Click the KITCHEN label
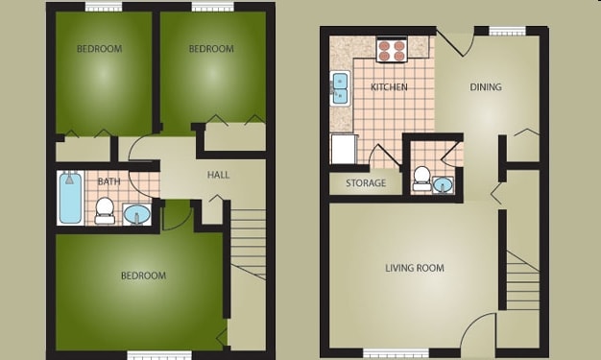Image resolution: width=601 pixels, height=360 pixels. point(389,87)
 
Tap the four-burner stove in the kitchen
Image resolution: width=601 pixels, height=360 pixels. point(391,49)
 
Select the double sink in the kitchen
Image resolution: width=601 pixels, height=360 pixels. point(340,88)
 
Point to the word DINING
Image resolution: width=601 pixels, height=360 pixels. point(485,87)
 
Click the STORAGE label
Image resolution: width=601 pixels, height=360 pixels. point(365,183)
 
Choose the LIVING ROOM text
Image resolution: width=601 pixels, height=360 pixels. point(415,268)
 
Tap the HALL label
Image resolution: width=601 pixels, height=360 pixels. point(218,175)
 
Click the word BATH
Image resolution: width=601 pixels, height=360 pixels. point(108,180)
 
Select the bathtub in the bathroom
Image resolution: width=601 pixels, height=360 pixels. point(70,198)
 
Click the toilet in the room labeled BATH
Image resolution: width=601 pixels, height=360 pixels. point(106,210)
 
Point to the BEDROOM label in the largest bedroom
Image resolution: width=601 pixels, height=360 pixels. point(142,276)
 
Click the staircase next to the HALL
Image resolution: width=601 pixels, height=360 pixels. point(247,244)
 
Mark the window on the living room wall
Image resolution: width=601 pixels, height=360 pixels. point(395,352)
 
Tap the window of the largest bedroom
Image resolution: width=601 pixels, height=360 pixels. point(159,355)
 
